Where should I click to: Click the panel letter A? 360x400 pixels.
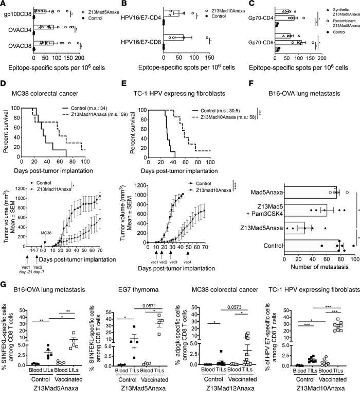(x=4, y=4)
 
